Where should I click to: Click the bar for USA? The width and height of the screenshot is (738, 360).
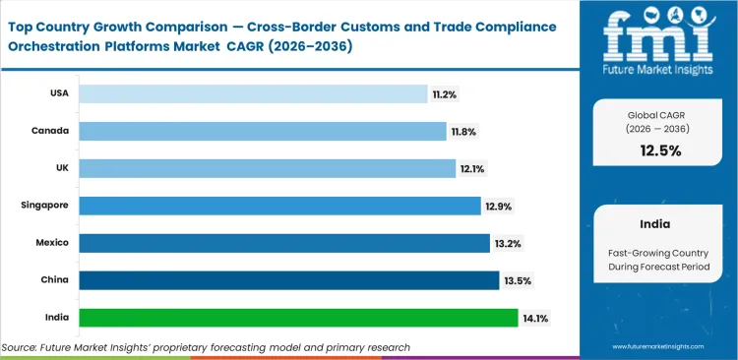coord(252,94)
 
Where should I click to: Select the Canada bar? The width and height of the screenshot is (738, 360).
coord(262,132)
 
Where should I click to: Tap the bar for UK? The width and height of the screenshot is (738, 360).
coord(267,169)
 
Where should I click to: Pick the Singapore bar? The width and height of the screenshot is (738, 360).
coord(279,206)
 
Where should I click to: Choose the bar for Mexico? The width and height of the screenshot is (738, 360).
coord(284,243)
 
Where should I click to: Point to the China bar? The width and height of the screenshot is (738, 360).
coord(289,280)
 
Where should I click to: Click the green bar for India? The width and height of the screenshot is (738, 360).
coord(298,318)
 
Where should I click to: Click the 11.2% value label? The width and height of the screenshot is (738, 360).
coord(444,94)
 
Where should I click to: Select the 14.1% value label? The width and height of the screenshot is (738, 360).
coord(536,318)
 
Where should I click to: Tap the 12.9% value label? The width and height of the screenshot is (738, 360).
coord(498,207)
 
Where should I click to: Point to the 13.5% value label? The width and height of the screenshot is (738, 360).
coord(518,280)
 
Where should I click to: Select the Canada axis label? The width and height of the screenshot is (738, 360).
coord(48,132)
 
